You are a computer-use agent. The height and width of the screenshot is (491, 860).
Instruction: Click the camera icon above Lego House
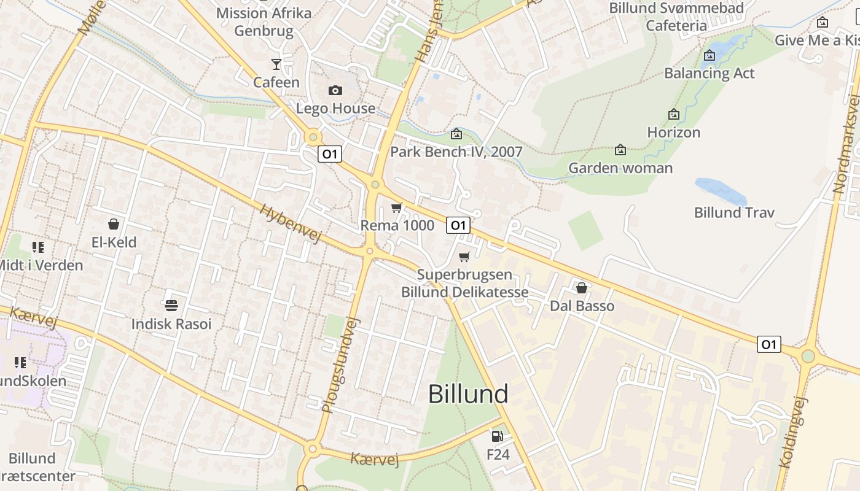tap(335, 91)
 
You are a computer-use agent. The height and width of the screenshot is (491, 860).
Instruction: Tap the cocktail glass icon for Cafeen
tap(276, 64)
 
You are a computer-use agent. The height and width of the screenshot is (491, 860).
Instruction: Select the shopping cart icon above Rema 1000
tap(397, 208)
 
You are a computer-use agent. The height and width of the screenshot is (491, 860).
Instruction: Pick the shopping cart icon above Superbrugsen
tap(464, 257)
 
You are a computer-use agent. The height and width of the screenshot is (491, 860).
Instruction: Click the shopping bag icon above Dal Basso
tap(582, 287)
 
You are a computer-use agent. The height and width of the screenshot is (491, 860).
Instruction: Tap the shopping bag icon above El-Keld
tap(114, 224)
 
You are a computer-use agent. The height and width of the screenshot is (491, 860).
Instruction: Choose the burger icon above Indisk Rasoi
tap(171, 305)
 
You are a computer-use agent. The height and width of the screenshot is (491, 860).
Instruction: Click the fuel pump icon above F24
tap(497, 436)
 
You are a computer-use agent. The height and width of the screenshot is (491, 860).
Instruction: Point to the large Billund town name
tap(468, 393)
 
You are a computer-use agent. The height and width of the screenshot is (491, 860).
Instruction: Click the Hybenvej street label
tap(291, 223)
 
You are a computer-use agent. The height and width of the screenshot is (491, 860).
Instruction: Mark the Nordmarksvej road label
tap(847, 145)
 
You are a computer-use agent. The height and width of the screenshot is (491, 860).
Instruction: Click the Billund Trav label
tap(734, 212)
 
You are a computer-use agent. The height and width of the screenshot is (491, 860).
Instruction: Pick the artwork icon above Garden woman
tap(620, 150)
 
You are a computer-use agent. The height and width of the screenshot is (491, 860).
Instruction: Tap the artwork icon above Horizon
tap(674, 114)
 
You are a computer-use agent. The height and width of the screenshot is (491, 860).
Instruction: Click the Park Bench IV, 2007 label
tap(456, 152)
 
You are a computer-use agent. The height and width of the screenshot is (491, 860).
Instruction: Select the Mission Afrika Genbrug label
tap(264, 21)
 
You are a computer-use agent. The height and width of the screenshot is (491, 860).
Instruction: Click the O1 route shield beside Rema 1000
tap(458, 225)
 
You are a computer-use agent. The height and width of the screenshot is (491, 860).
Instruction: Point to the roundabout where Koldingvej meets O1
tap(808, 355)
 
